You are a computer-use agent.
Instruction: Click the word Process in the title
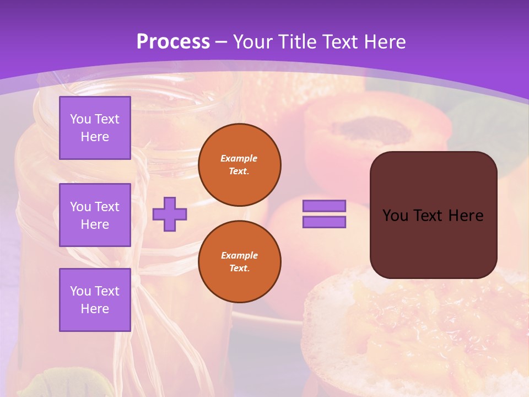[173, 42]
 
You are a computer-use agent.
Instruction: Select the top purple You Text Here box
[95, 128]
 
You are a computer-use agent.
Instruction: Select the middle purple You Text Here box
[95, 215]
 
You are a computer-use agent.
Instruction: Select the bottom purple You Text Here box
[95, 299]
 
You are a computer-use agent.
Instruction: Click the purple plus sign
[170, 214]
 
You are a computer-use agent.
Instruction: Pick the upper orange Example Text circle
[240, 165]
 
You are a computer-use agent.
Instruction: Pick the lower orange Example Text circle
[240, 261]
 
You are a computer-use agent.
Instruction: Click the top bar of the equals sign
[324, 206]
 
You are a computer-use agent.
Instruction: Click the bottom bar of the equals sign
[324, 222]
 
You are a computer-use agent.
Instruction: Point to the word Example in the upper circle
[239, 158]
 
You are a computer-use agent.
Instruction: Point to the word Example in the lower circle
[239, 255]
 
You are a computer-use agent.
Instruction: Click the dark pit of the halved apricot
[375, 129]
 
